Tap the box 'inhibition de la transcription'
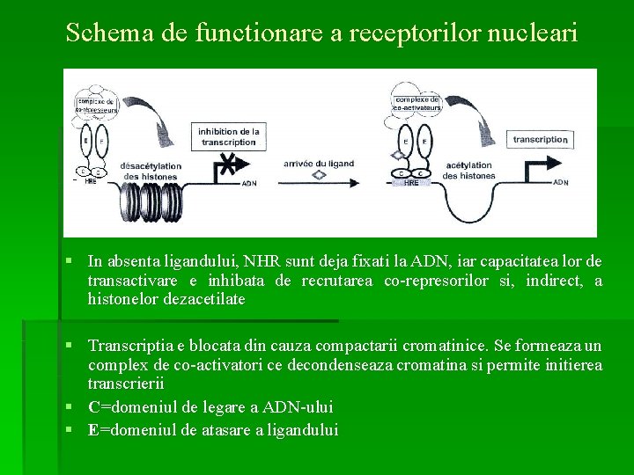(x=229, y=136)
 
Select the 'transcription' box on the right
(x=540, y=139)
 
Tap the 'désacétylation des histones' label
(x=151, y=171)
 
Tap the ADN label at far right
(x=560, y=183)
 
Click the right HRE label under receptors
(x=410, y=185)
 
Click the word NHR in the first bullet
(x=232, y=261)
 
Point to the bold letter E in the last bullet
(x=93, y=430)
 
